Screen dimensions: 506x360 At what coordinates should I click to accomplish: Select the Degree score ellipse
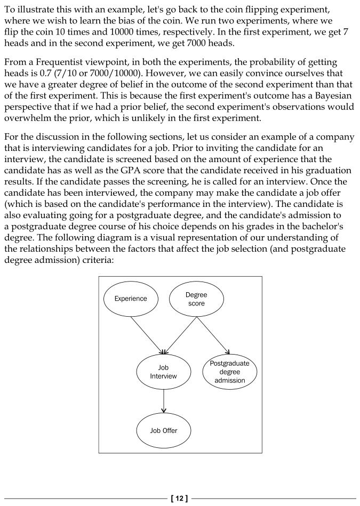(x=196, y=299)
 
